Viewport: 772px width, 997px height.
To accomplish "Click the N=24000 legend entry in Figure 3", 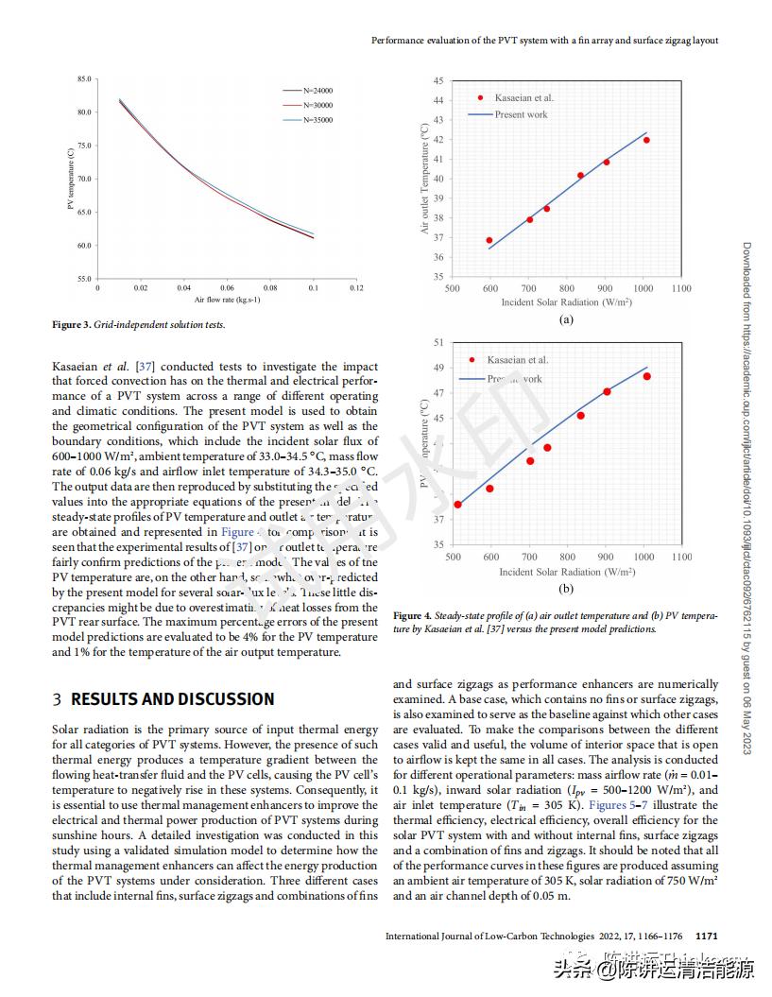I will pyautogui.click(x=317, y=91).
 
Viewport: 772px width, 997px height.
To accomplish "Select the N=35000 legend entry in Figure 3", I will pyautogui.click(x=317, y=120).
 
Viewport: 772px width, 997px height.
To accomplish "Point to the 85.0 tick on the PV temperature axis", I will pyautogui.click(x=85, y=79).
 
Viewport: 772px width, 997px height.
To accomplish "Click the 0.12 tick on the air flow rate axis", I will pyautogui.click(x=356, y=287).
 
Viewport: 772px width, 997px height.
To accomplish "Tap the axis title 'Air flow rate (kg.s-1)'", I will pyautogui.click(x=227, y=300).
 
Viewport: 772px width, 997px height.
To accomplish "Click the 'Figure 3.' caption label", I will pyautogui.click(x=71, y=325).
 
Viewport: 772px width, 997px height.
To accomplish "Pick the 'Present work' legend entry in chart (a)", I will pyautogui.click(x=521, y=114).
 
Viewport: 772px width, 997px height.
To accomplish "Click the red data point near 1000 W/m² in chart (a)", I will pyautogui.click(x=646, y=140).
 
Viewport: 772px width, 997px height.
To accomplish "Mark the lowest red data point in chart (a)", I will pyautogui.click(x=489, y=240).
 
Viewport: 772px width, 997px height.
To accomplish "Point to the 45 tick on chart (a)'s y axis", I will pyautogui.click(x=438, y=81).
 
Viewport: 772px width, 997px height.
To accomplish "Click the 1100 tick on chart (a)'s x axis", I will pyautogui.click(x=681, y=289).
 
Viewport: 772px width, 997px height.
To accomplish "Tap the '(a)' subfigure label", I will pyautogui.click(x=566, y=320).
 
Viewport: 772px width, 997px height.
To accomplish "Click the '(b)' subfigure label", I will pyautogui.click(x=566, y=589).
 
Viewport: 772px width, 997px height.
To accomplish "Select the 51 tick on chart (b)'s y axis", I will pyautogui.click(x=438, y=342).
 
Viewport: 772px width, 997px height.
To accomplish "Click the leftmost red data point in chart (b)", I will pyautogui.click(x=457, y=504).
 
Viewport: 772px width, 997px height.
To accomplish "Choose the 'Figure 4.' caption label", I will pyautogui.click(x=413, y=616).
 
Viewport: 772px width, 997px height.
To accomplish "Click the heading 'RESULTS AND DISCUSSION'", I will pyautogui.click(x=173, y=699).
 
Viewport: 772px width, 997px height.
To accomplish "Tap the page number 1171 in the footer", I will pyautogui.click(x=706, y=936).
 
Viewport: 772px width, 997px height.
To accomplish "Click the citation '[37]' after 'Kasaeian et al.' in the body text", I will pyautogui.click(x=146, y=367).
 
